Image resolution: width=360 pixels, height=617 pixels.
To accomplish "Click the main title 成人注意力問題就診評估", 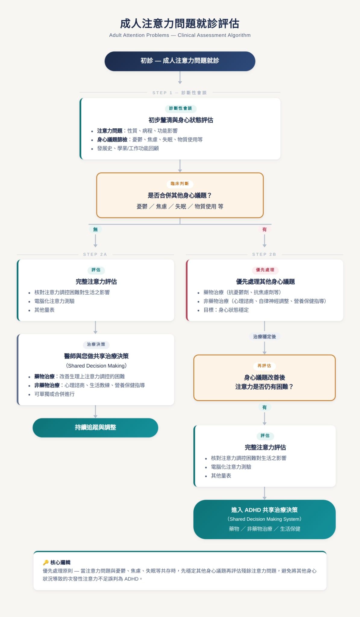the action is coord(180,23).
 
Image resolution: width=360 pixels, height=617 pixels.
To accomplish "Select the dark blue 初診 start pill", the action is coord(180,61).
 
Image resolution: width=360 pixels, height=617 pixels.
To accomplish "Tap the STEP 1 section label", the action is coord(180,93).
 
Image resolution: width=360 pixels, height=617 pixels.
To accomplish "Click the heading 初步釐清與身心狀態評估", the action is coord(181,120).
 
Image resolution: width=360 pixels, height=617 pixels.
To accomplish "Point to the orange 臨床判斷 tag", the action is coord(180,184).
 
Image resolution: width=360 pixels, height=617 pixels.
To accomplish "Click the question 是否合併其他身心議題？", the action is coord(180,196).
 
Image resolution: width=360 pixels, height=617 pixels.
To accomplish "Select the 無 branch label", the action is coord(95,230).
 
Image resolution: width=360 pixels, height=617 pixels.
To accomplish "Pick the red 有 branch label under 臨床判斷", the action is coord(265,230).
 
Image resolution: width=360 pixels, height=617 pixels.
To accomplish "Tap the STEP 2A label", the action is coord(95,255).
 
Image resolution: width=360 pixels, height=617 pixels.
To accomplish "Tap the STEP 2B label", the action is coord(264,255).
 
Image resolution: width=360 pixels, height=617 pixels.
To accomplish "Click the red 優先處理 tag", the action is coord(265,270).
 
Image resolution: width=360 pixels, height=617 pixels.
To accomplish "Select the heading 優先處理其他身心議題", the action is coord(265,282).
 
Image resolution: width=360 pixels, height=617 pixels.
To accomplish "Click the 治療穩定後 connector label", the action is coord(265,337).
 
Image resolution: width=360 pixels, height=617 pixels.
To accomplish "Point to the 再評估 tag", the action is coord(264,366).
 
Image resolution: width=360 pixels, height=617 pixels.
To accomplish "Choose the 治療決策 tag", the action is coord(96,344).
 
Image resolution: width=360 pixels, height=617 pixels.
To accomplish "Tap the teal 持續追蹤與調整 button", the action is coord(95,428).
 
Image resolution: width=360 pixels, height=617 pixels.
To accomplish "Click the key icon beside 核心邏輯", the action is coord(46,562).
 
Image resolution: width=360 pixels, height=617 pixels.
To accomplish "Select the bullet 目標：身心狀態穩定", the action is coord(226,310).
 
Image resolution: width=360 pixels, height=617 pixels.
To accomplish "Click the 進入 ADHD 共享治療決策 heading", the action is coord(265,510).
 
